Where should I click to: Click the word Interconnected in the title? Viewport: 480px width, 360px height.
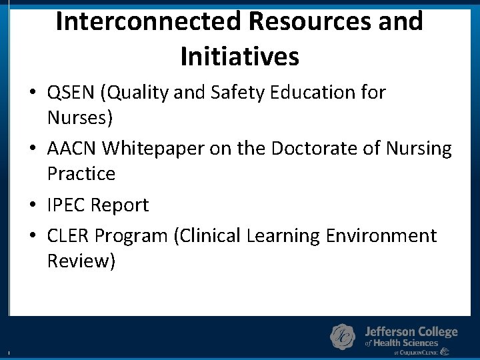(x=148, y=21)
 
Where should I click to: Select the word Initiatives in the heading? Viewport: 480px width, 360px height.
(x=239, y=57)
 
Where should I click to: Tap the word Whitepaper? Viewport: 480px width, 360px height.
(x=154, y=149)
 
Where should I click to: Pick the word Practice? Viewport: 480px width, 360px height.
(x=81, y=173)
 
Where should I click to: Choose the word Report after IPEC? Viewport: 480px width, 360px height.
(x=119, y=205)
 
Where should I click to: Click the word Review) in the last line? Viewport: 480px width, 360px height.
(x=81, y=261)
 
